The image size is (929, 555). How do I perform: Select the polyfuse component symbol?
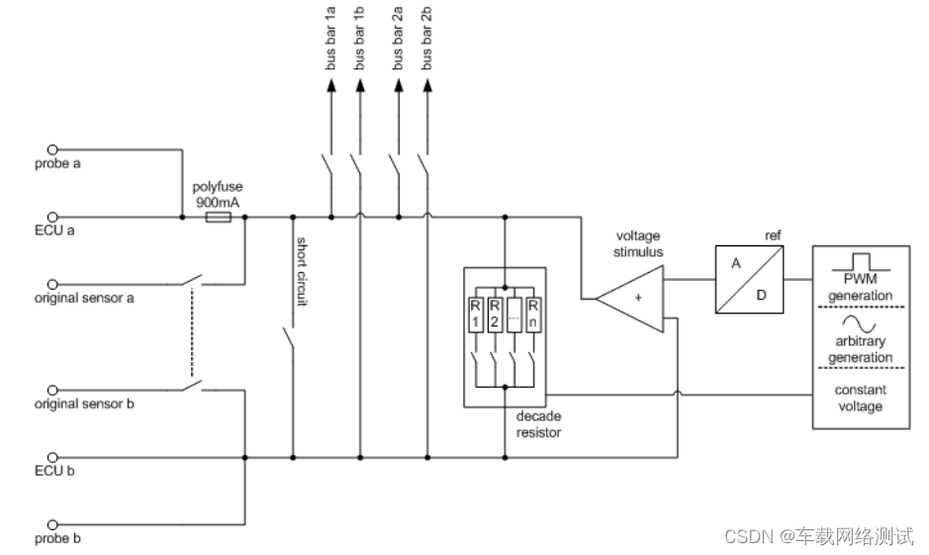218,216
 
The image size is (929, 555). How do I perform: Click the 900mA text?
218,202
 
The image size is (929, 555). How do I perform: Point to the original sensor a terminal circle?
52,283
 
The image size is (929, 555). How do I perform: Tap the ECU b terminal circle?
52,458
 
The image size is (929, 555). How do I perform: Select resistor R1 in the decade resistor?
475,316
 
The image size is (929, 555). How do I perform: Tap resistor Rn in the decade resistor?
533,316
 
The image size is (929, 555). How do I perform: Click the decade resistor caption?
539,424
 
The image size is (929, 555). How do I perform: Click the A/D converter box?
750,280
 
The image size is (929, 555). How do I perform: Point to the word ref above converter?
774,235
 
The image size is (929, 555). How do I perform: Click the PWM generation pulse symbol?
861,262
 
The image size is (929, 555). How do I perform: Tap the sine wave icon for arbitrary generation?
861,324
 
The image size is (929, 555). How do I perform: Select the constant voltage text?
861,399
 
